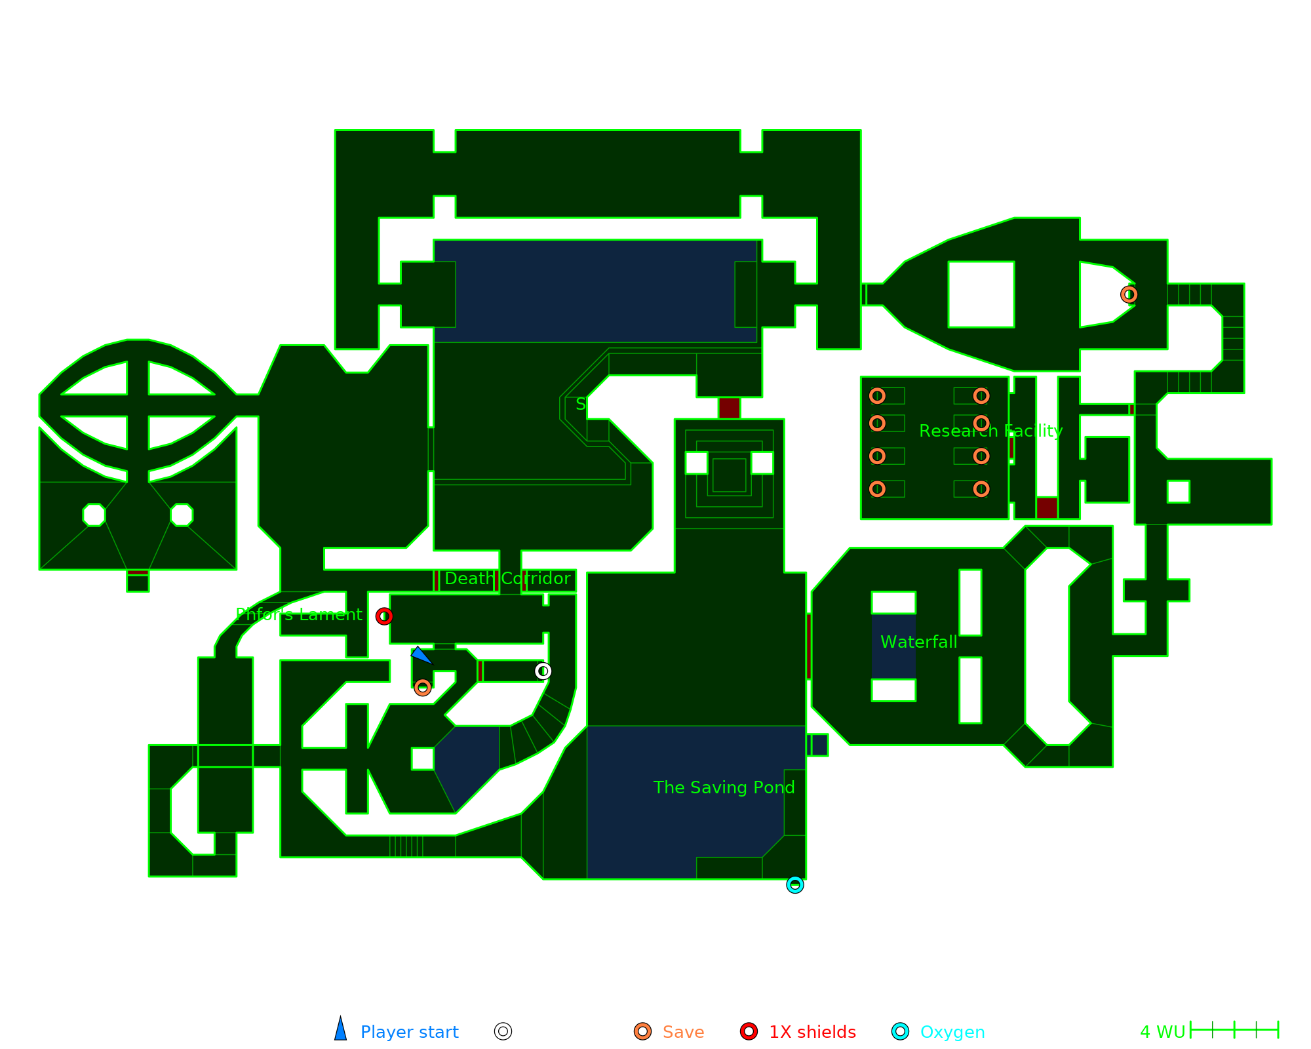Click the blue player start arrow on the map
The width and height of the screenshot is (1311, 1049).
click(x=420, y=655)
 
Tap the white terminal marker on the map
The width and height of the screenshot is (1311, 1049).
click(x=543, y=671)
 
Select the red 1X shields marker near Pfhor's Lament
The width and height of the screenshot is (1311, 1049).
click(x=384, y=616)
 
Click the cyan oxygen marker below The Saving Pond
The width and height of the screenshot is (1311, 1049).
click(x=795, y=885)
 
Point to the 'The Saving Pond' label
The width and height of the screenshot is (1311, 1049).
click(x=724, y=787)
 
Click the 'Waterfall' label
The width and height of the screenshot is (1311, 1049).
click(x=918, y=642)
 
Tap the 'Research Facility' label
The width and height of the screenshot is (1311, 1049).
click(x=990, y=431)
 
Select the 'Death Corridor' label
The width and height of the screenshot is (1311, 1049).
click(x=507, y=578)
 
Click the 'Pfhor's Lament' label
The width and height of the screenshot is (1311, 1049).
click(x=299, y=614)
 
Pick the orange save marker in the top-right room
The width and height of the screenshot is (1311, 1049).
click(x=1129, y=294)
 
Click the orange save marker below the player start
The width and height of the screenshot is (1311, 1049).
click(x=423, y=687)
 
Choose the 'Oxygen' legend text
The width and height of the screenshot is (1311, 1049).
click(x=952, y=1032)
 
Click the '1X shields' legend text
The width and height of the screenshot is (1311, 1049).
click(x=812, y=1032)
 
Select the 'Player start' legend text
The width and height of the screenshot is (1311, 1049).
click(x=409, y=1032)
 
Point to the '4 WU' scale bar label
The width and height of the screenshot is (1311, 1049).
click(x=1162, y=1032)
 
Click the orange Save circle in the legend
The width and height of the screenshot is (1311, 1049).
click(x=642, y=1031)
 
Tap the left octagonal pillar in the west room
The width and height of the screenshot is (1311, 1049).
click(x=94, y=515)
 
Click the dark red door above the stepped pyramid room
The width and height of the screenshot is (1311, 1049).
click(x=729, y=408)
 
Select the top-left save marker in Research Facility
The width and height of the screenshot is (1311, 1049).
click(x=877, y=396)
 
